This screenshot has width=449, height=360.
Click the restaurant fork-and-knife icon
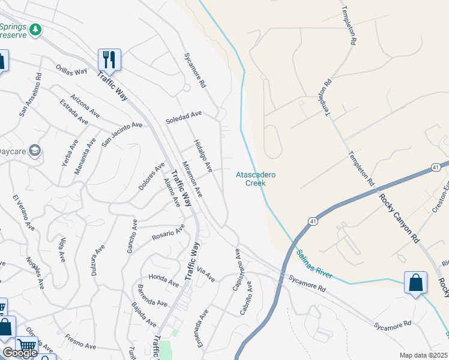pyautogui.click(x=109, y=59)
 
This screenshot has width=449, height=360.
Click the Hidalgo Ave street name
pyautogui.click(x=203, y=155)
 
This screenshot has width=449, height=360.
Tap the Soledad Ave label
pyautogui.click(x=184, y=117)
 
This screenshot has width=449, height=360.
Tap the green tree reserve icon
pyautogui.click(x=36, y=29)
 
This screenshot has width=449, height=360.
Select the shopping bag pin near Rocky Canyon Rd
pyautogui.click(x=415, y=283)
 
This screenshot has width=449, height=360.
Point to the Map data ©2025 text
pyautogui.click(x=424, y=355)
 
